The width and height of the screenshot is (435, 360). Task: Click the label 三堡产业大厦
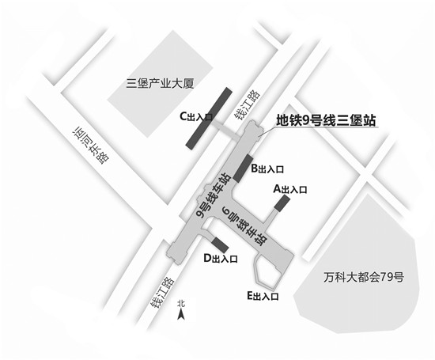click(x=160, y=83)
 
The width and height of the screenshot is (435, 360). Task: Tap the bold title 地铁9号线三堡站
click(x=326, y=121)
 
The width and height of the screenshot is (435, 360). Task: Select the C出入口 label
click(x=196, y=117)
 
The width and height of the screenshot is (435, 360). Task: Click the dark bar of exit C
click(x=209, y=119)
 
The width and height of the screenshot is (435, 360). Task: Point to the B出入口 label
click(x=267, y=169)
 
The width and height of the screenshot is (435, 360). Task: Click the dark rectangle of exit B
click(x=243, y=169)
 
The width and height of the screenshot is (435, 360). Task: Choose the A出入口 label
click(x=290, y=189)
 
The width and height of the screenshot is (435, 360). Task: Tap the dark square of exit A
click(x=282, y=203)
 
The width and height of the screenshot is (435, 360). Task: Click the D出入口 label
click(x=221, y=259)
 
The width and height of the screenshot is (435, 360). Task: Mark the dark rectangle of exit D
click(x=220, y=245)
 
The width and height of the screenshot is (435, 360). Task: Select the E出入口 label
click(x=263, y=296)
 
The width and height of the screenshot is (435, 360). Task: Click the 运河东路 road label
click(x=91, y=146)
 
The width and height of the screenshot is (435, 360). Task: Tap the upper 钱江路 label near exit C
click(x=248, y=105)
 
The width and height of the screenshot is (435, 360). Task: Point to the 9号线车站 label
click(x=213, y=195)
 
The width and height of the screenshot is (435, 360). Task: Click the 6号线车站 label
click(x=244, y=226)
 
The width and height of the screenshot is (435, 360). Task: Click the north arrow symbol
click(x=181, y=314)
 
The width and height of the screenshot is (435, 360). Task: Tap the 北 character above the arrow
click(x=181, y=303)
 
